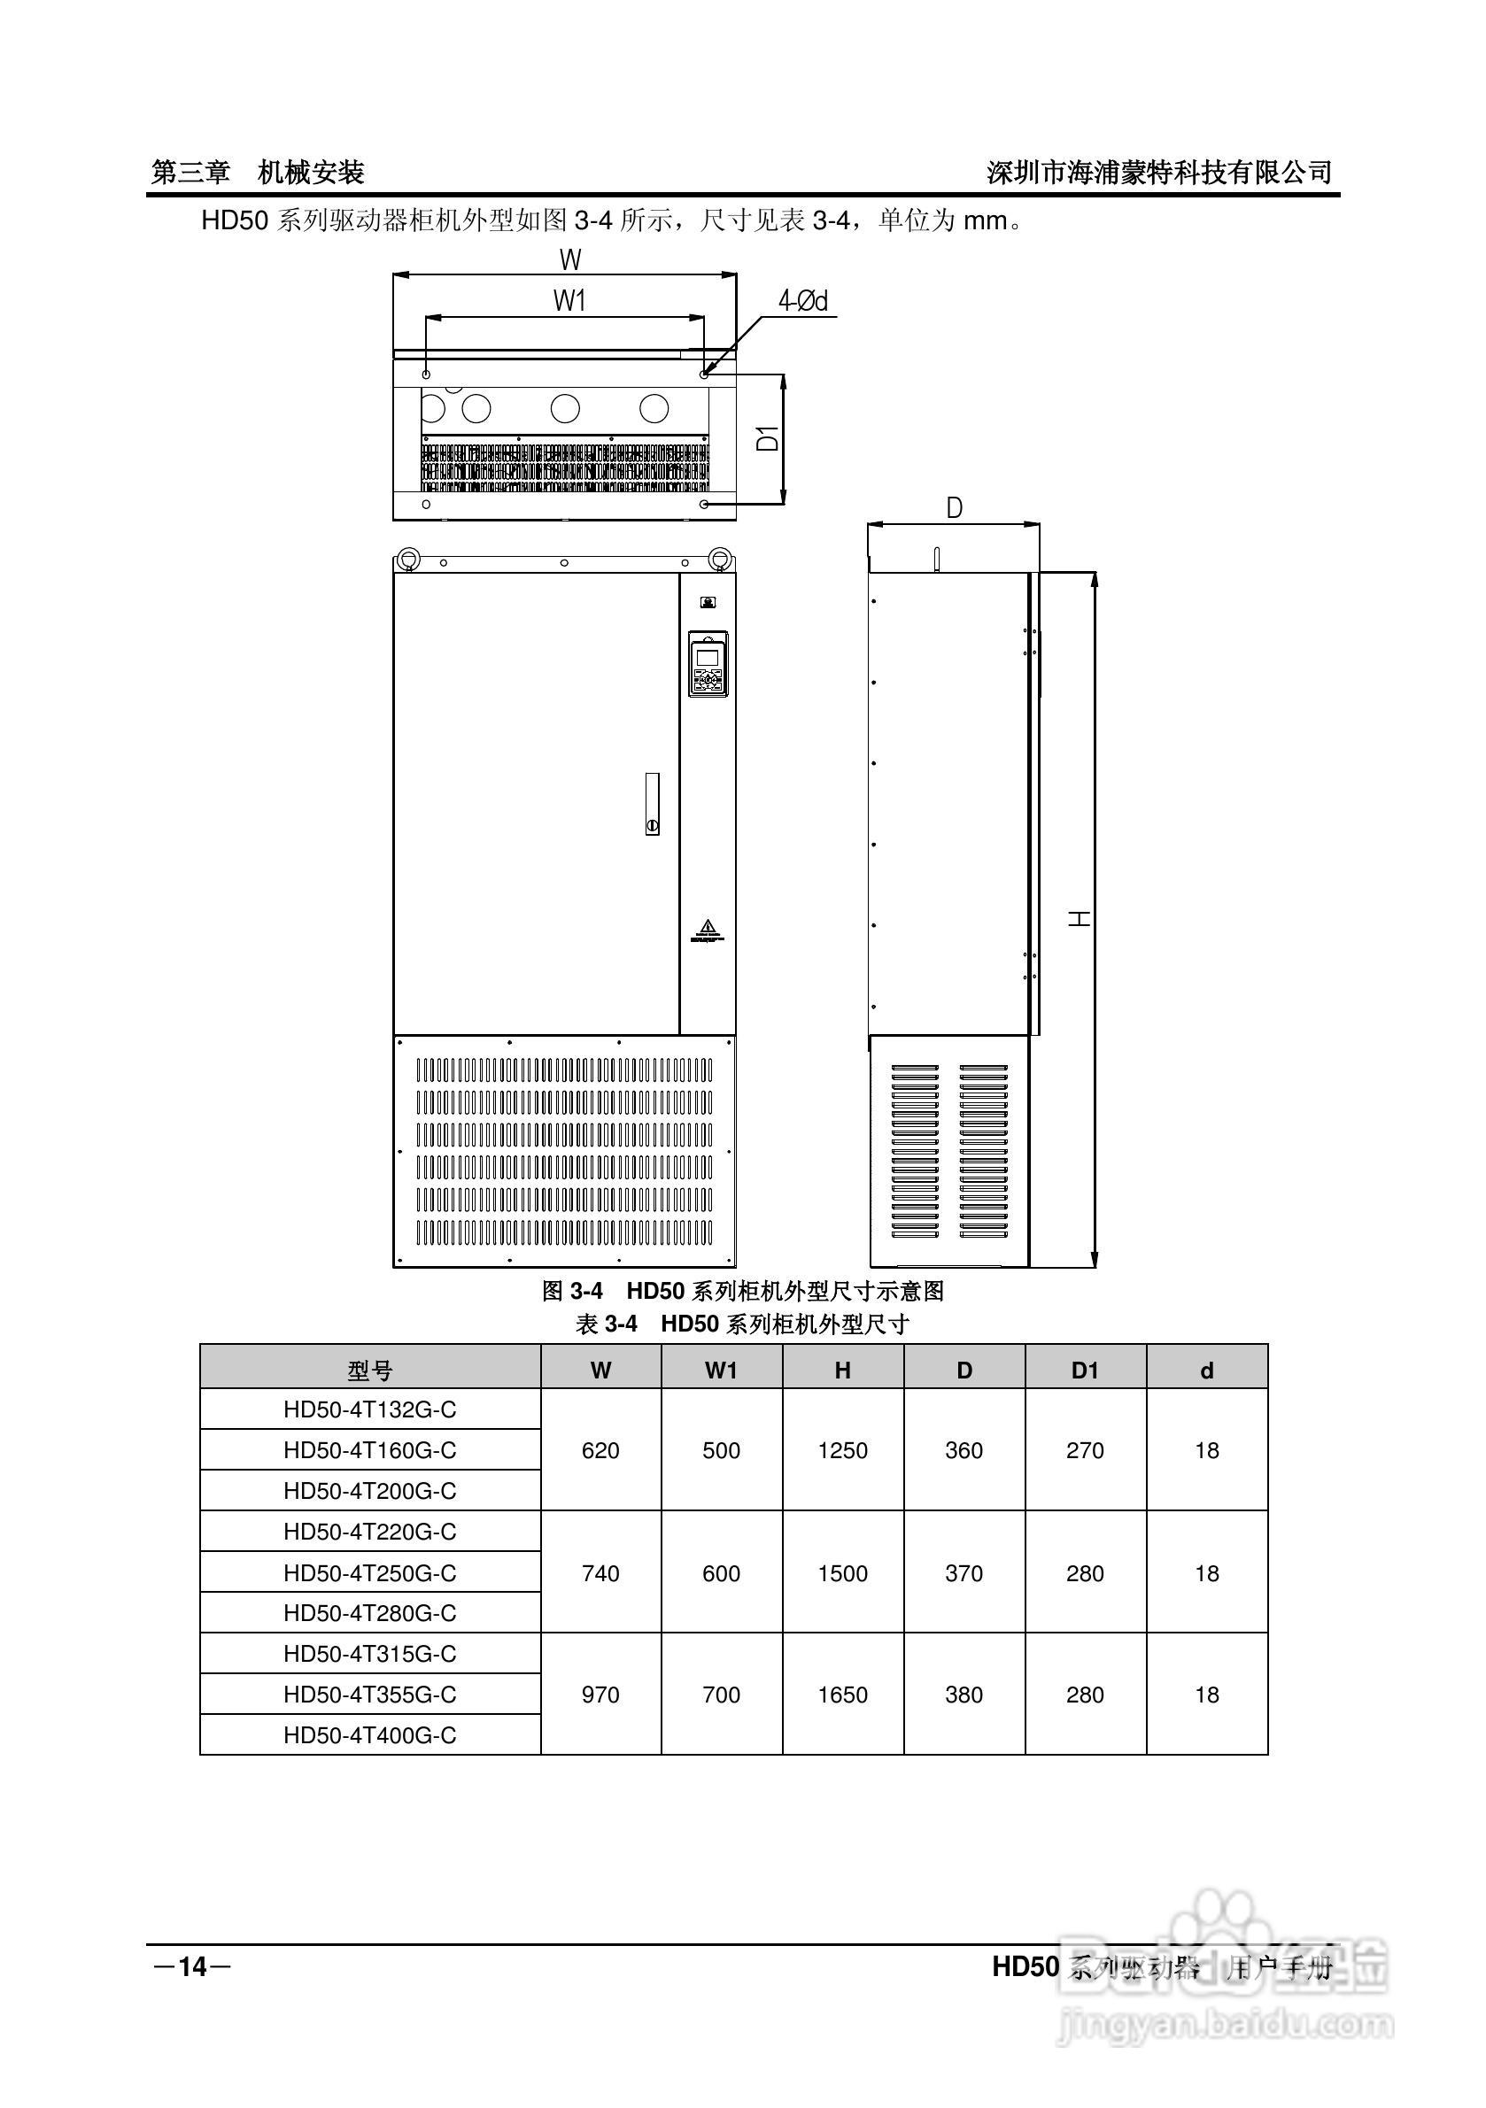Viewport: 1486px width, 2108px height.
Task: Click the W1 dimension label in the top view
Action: point(569,300)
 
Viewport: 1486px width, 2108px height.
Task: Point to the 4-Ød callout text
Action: point(802,300)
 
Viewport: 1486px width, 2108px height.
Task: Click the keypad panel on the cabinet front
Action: point(708,664)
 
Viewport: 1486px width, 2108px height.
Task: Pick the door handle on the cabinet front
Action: point(652,803)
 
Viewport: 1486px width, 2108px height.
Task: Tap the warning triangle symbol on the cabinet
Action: point(707,925)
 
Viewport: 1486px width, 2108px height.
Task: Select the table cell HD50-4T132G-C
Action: point(370,1409)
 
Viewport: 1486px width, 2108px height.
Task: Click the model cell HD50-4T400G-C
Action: point(370,1735)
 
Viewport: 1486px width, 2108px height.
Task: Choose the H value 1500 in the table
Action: point(842,1573)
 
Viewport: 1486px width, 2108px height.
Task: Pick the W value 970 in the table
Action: point(600,1695)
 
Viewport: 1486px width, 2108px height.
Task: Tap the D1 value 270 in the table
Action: point(1085,1450)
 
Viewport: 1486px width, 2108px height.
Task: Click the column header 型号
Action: point(370,1371)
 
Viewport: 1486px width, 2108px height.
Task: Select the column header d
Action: point(1207,1371)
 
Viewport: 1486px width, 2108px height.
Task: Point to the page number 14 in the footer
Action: point(193,1966)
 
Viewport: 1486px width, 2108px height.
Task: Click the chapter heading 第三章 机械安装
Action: point(258,172)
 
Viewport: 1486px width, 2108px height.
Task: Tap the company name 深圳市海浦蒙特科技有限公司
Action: point(1159,172)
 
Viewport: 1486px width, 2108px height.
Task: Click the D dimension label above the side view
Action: point(955,507)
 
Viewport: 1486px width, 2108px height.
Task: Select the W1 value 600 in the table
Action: point(721,1573)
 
